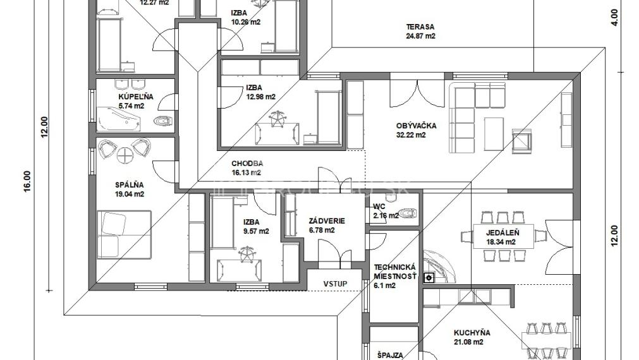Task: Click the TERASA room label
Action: point(420,27)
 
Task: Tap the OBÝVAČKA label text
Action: point(416,126)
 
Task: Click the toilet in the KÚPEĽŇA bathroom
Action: point(164,123)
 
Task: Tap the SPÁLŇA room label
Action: point(129,185)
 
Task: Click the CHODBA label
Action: point(247,163)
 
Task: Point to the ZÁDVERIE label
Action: point(326,221)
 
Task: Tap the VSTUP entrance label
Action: point(335,284)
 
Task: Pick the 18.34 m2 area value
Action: point(501,241)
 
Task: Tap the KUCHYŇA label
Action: point(472,333)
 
